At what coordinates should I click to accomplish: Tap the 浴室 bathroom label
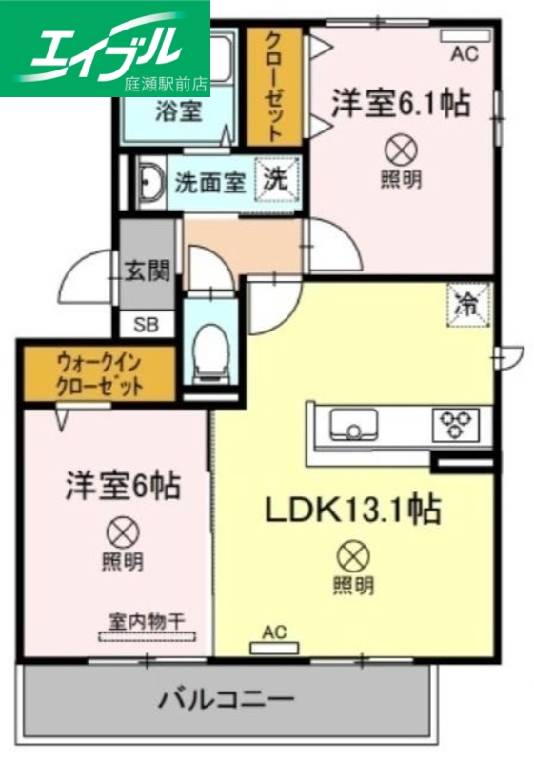coord(178,110)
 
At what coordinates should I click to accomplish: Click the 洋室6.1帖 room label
coord(401,103)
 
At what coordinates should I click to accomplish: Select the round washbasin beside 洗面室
coord(150,180)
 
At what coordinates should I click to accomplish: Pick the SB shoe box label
coord(147,324)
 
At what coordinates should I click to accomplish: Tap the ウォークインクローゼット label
coord(99,374)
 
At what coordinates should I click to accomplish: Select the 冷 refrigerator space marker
coord(469,304)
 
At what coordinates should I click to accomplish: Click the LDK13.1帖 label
coord(351,511)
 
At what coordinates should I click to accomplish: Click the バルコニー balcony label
coord(226,701)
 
